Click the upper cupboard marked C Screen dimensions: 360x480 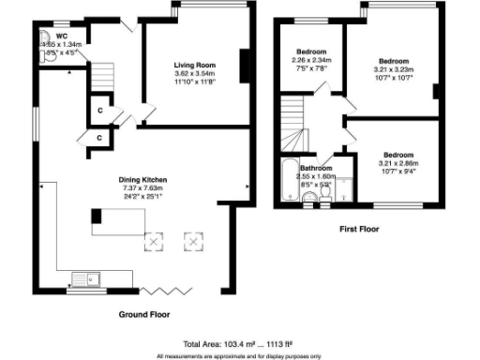(x=100, y=110)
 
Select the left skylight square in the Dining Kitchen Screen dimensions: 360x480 (x=152, y=242)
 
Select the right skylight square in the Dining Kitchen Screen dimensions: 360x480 (x=194, y=242)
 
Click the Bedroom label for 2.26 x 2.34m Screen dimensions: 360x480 (x=311, y=52)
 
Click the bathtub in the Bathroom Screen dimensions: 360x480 (x=285, y=182)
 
